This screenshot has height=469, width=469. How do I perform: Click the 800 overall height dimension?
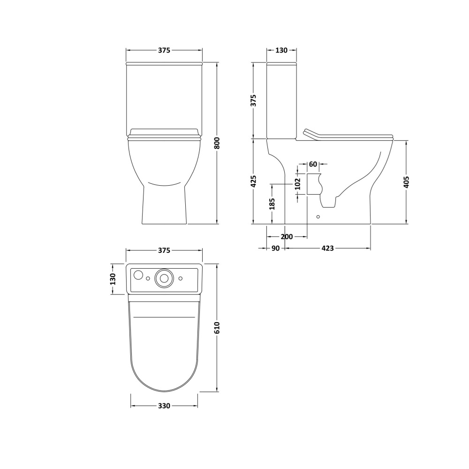click(x=218, y=143)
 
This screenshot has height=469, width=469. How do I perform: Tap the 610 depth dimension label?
click(x=218, y=328)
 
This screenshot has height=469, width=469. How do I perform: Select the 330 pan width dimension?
click(x=164, y=406)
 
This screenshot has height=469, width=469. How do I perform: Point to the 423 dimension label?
click(x=327, y=248)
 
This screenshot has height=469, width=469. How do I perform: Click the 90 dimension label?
click(x=275, y=248)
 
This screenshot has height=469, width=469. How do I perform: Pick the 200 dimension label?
click(x=287, y=237)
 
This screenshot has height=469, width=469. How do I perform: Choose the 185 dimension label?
click(x=272, y=204)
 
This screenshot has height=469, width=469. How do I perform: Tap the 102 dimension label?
click(x=297, y=184)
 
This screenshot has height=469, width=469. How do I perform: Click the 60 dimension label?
click(x=313, y=164)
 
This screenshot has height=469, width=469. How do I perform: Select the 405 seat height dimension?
click(x=406, y=182)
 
